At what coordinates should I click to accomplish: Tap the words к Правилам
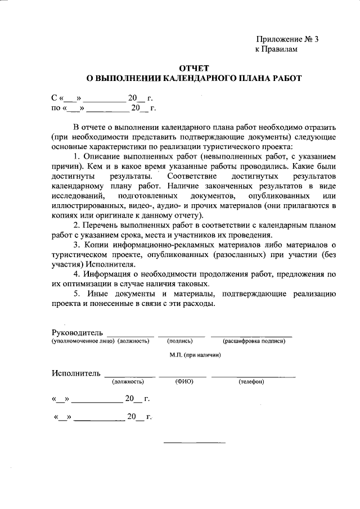pyautogui.click(x=276, y=49)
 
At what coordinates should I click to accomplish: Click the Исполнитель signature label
pyautogui.click(x=76, y=373)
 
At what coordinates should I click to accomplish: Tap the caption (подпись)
pyautogui.click(x=179, y=341)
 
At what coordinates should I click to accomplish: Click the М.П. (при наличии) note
pyautogui.click(x=195, y=355)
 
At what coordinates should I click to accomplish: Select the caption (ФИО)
pyautogui.click(x=184, y=381)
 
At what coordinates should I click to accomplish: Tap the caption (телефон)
pyautogui.click(x=251, y=381)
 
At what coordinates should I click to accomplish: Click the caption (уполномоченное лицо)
pyautogui.click(x=83, y=341)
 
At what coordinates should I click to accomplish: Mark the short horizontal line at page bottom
pyautogui.click(x=194, y=441)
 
